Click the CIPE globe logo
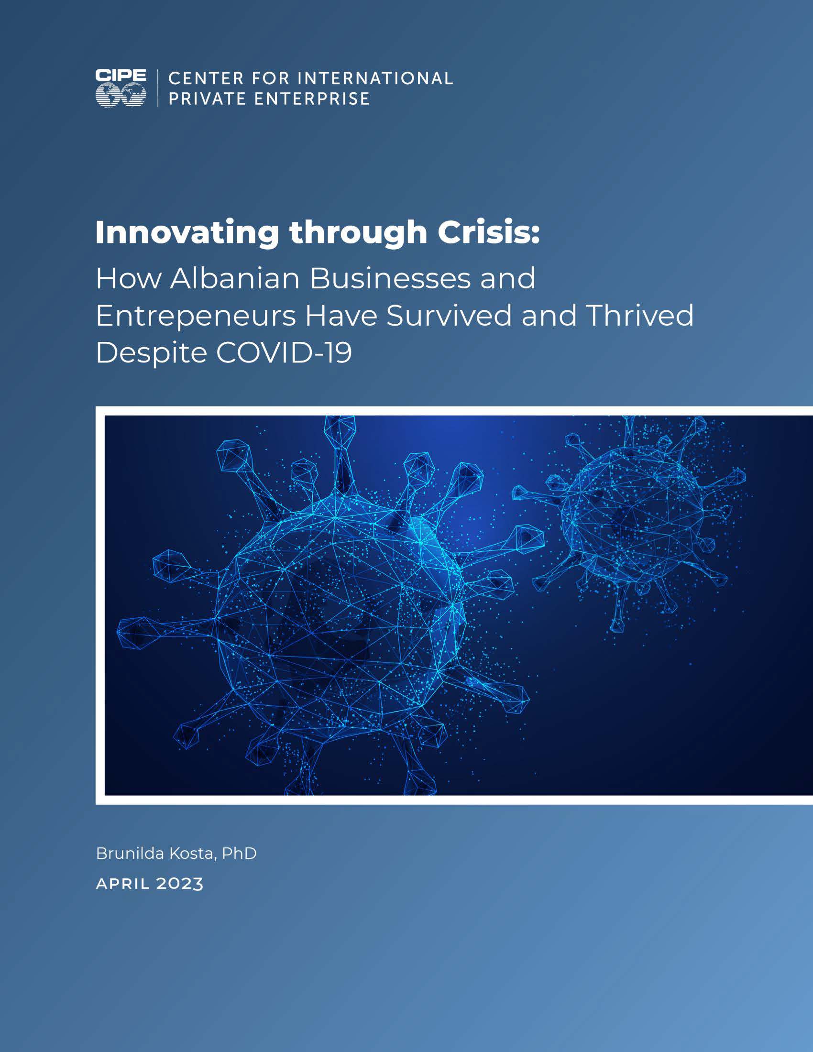click(121, 88)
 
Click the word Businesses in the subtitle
click(390, 278)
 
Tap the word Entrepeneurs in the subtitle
click(196, 317)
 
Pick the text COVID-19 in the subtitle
click(284, 353)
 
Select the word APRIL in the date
click(123, 884)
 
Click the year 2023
click(180, 884)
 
